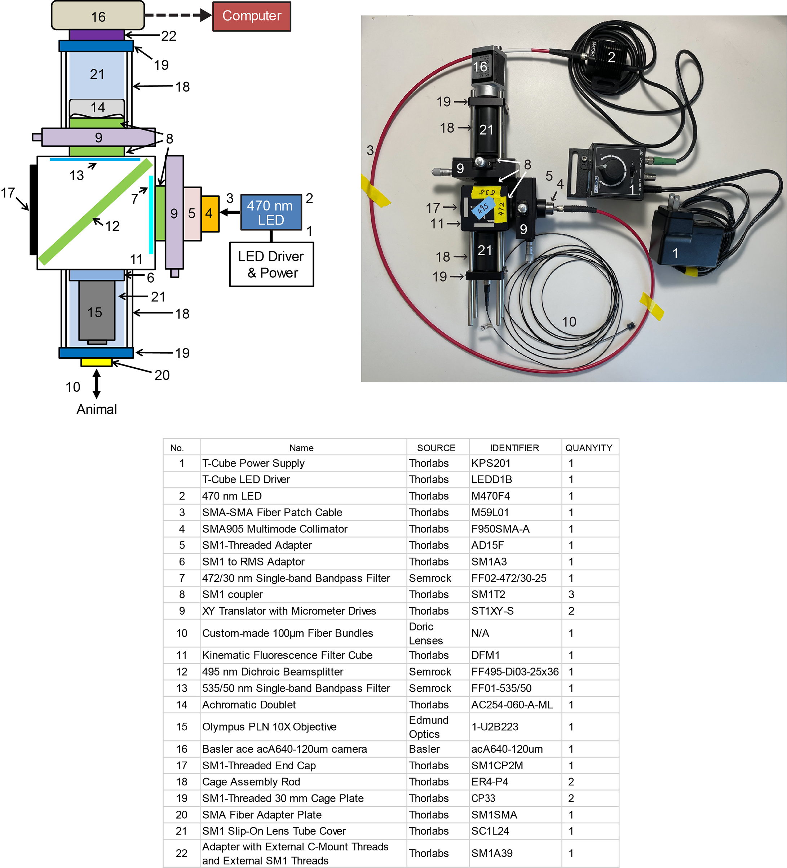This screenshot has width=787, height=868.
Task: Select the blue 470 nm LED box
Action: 271,212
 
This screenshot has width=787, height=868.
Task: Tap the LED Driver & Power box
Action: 271,264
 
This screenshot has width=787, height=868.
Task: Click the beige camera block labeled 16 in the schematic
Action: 98,16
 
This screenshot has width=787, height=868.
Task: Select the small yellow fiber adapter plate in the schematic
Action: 97,362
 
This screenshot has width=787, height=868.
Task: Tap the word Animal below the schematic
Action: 97,409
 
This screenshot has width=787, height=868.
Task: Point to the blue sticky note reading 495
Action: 483,208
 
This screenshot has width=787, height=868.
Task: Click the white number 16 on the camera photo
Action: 480,67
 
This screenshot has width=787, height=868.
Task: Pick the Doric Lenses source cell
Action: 426,633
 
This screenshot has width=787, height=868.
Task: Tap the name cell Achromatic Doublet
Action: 249,705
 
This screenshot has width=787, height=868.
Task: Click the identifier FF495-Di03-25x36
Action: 515,672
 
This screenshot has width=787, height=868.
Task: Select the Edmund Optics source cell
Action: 428,727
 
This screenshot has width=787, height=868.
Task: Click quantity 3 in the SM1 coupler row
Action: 571,595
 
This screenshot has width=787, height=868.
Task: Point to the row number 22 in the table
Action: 181,853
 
